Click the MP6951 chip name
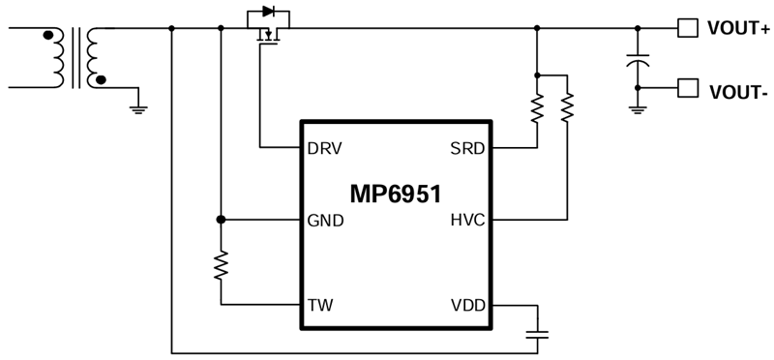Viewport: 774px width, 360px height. pyautogui.click(x=397, y=194)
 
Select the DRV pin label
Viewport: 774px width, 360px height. pyautogui.click(x=324, y=149)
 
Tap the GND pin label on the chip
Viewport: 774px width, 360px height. pyautogui.click(x=325, y=220)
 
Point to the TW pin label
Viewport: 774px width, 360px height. pyautogui.click(x=319, y=305)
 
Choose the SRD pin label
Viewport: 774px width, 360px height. pyautogui.click(x=467, y=149)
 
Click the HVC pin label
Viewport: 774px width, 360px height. pyautogui.click(x=467, y=220)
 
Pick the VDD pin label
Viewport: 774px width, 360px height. pyautogui.click(x=467, y=305)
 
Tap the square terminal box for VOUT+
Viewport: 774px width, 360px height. pyautogui.click(x=686, y=28)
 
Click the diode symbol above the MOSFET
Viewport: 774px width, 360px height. pyautogui.click(x=268, y=14)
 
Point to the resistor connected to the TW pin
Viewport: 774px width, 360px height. pyautogui.click(x=222, y=264)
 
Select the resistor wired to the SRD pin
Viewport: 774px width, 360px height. pyautogui.click(x=535, y=107)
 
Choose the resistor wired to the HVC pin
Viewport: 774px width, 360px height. pyautogui.click(x=567, y=107)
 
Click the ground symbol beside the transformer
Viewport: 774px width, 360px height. pyautogui.click(x=137, y=108)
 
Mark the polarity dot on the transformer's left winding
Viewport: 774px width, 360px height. pyautogui.click(x=47, y=36)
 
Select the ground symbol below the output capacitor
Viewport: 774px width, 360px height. pyautogui.click(x=637, y=108)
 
